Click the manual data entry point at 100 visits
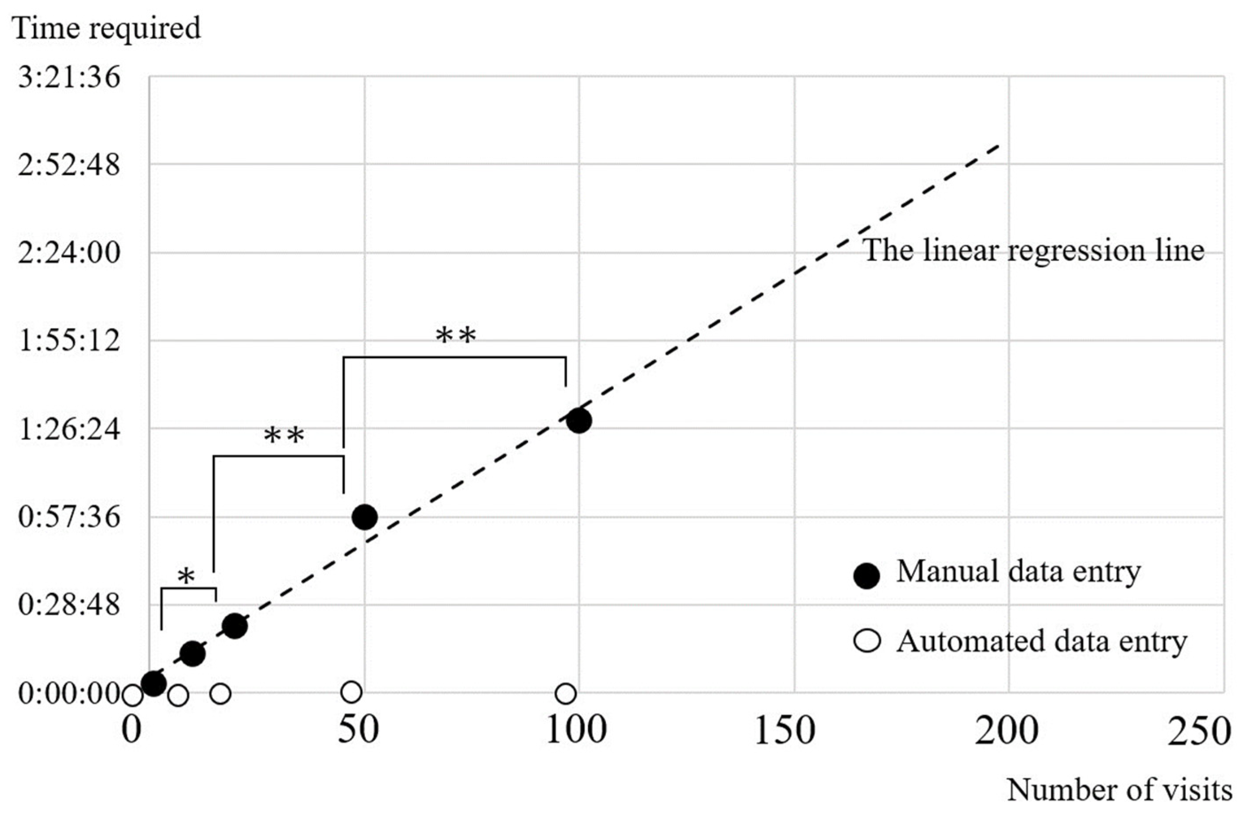pos(579,420)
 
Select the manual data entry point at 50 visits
pos(365,517)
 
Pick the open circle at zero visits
pos(132,695)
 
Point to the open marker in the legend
pos(867,641)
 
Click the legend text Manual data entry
pos(1018,571)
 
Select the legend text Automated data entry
pos(1042,641)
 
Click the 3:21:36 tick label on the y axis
pos(69,78)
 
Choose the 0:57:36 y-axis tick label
pos(69,518)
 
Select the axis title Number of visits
pos(1119,791)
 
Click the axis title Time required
pos(107,28)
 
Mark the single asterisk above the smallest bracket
pos(186,577)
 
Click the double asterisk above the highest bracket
pos(456,336)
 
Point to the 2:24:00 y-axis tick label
pos(69,253)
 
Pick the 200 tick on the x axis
pos(1006,732)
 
